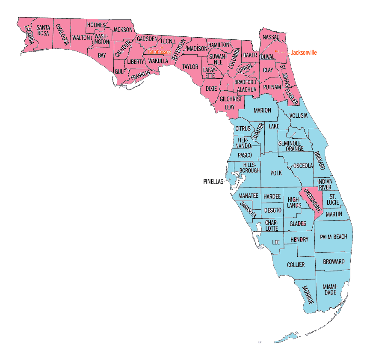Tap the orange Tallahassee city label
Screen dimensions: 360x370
pyautogui.click(x=159, y=52)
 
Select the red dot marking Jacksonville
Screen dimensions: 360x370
pyautogui.click(x=276, y=51)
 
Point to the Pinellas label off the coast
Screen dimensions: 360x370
pyautogui.click(x=213, y=181)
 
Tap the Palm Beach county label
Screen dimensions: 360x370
pyautogui.click(x=334, y=237)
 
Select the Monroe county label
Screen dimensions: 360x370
pyautogui.click(x=308, y=295)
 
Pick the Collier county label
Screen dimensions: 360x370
pyautogui.click(x=296, y=265)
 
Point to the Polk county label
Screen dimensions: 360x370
pyautogui.click(x=276, y=173)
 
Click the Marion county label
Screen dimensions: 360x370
pyautogui.click(x=262, y=110)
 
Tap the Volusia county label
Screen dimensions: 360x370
pyautogui.click(x=298, y=116)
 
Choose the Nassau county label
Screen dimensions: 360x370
pyautogui.click(x=271, y=37)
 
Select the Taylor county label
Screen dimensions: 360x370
pyautogui.click(x=190, y=67)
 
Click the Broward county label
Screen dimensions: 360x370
pyautogui.click(x=334, y=262)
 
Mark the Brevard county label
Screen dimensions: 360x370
pyautogui.click(x=319, y=160)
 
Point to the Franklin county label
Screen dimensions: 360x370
pyautogui.click(x=140, y=76)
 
